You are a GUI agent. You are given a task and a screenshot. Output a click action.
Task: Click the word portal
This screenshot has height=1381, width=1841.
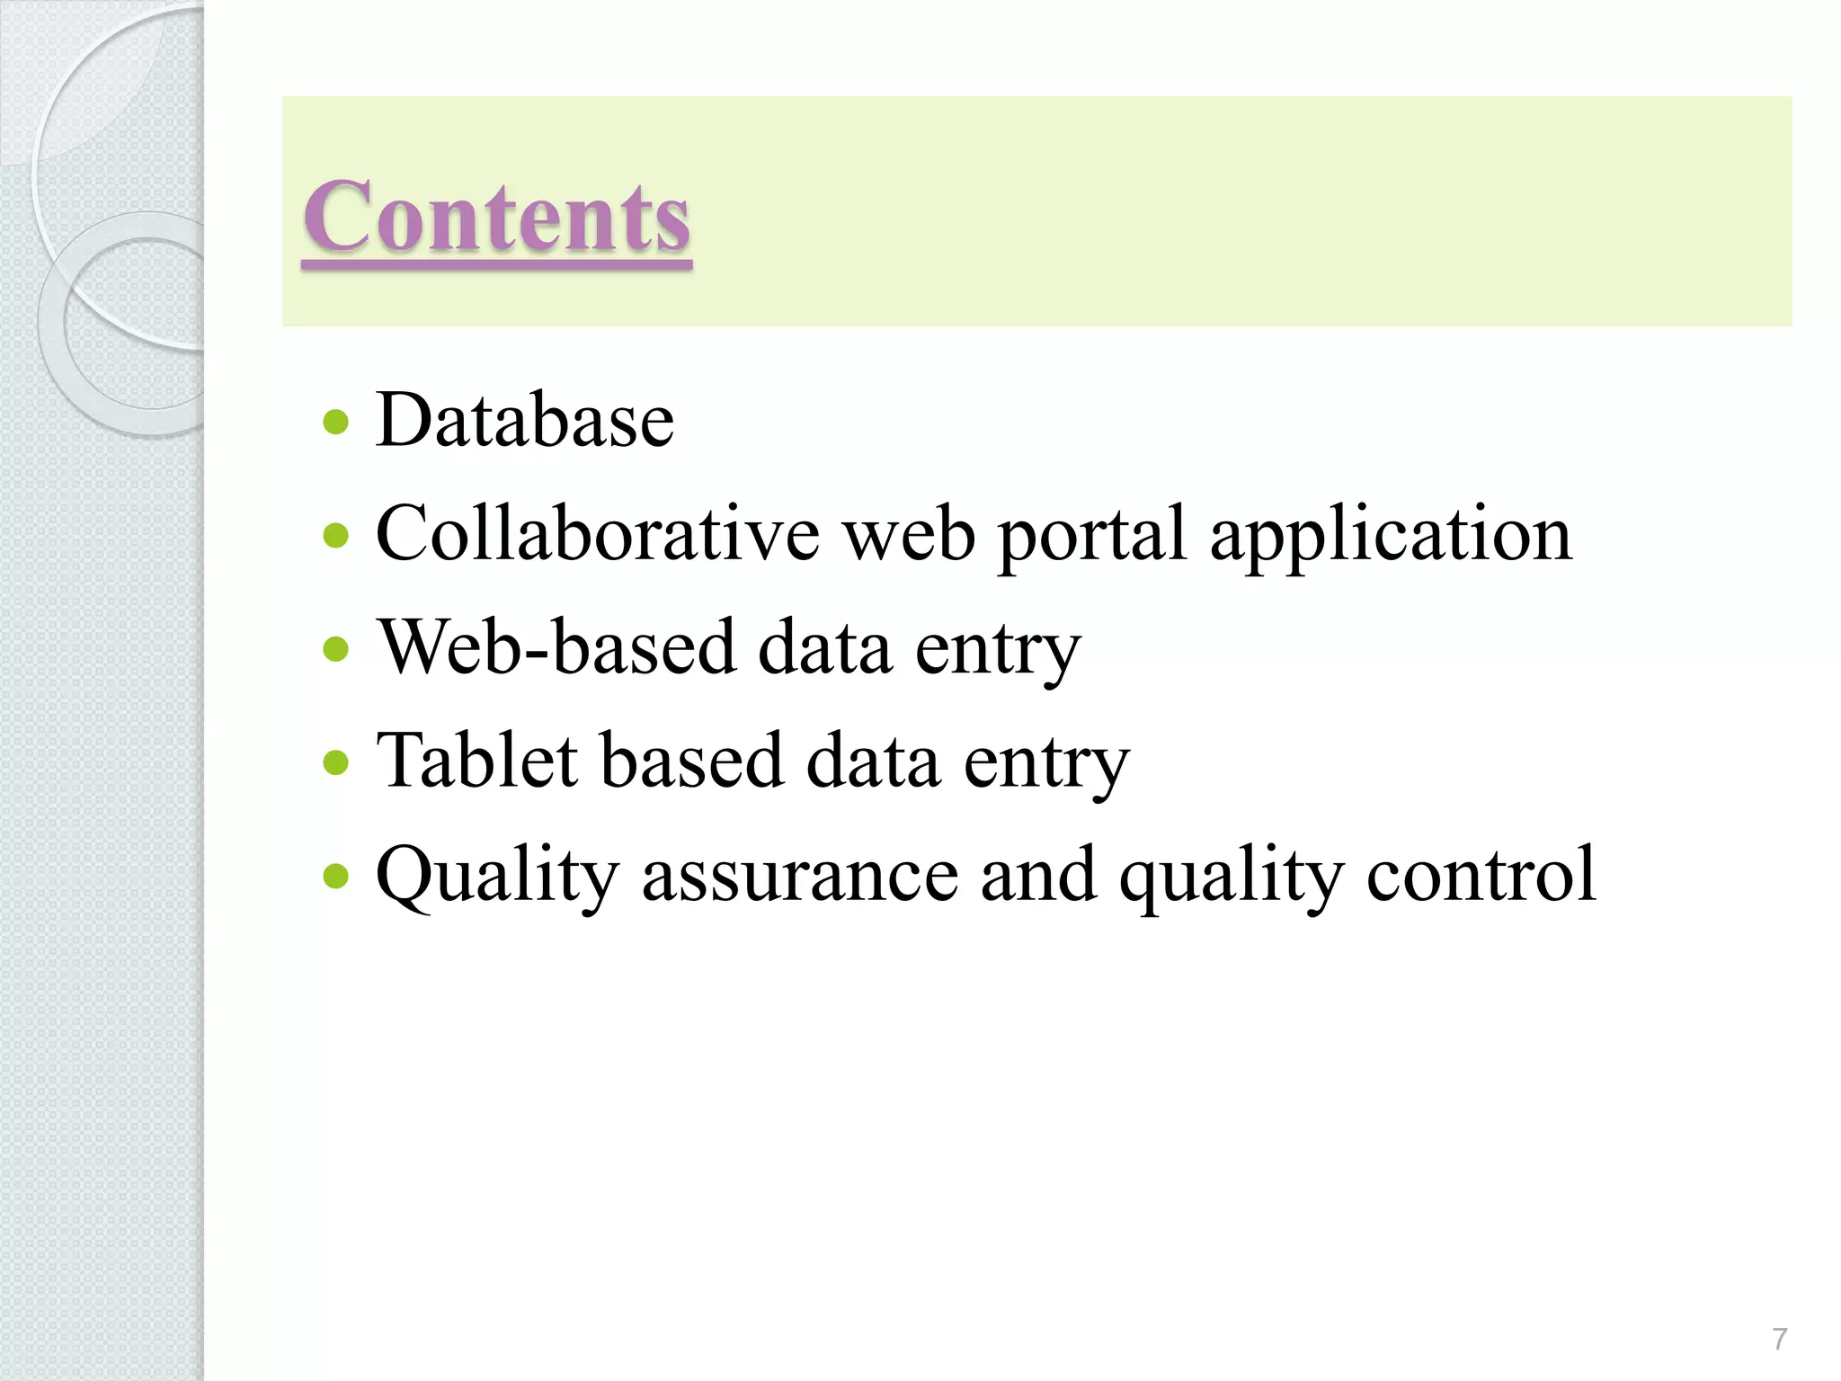click(x=1092, y=537)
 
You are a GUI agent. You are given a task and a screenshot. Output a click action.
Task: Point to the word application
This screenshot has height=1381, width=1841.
click(x=1391, y=537)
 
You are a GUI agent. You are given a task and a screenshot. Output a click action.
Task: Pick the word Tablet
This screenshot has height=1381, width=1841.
click(x=477, y=761)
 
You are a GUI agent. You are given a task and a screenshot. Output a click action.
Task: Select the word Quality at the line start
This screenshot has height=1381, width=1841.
click(x=497, y=877)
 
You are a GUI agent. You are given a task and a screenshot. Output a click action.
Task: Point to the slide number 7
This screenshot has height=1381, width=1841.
click(x=1779, y=1340)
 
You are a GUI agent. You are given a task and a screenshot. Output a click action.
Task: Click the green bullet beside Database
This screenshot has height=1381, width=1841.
click(x=335, y=422)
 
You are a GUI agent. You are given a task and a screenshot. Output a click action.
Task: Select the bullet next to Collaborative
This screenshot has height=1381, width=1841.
click(x=335, y=536)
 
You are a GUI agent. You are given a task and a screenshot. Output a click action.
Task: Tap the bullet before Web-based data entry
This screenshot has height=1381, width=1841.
click(x=335, y=649)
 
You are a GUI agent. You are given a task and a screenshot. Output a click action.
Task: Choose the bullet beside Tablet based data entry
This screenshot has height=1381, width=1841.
click(x=335, y=762)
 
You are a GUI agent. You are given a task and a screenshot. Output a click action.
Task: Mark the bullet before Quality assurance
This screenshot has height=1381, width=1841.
click(x=335, y=876)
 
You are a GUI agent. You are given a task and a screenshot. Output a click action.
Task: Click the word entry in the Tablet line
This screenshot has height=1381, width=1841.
click(x=1046, y=764)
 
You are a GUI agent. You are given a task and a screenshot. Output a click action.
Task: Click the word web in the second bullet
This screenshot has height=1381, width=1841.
click(x=909, y=535)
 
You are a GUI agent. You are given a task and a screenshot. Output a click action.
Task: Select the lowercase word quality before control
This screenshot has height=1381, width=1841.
click(x=1232, y=878)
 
